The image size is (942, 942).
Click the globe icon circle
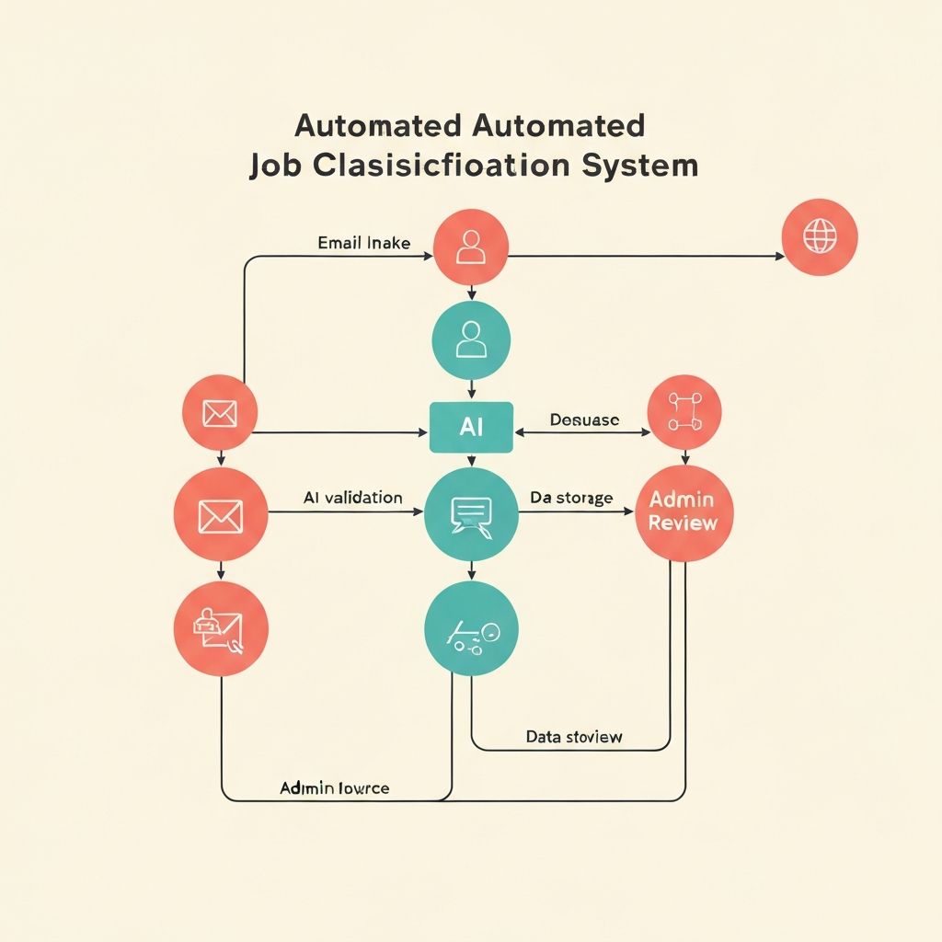click(819, 236)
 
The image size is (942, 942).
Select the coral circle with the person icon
click(471, 247)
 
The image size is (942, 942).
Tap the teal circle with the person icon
click(471, 340)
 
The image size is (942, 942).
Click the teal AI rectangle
click(471, 427)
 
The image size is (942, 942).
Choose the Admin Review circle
click(683, 512)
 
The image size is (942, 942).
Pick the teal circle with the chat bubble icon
click(471, 513)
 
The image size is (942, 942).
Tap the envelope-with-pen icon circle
click(221, 629)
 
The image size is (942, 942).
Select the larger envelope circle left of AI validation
click(221, 513)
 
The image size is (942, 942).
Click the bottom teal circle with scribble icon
click(471, 630)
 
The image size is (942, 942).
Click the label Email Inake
click(363, 244)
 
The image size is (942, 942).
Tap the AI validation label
click(352, 498)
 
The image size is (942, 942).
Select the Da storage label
click(571, 498)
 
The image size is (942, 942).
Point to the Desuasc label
click(584, 420)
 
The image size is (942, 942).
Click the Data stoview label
click(574, 737)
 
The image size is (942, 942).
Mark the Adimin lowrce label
click(334, 788)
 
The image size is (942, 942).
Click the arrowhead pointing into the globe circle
click(780, 256)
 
